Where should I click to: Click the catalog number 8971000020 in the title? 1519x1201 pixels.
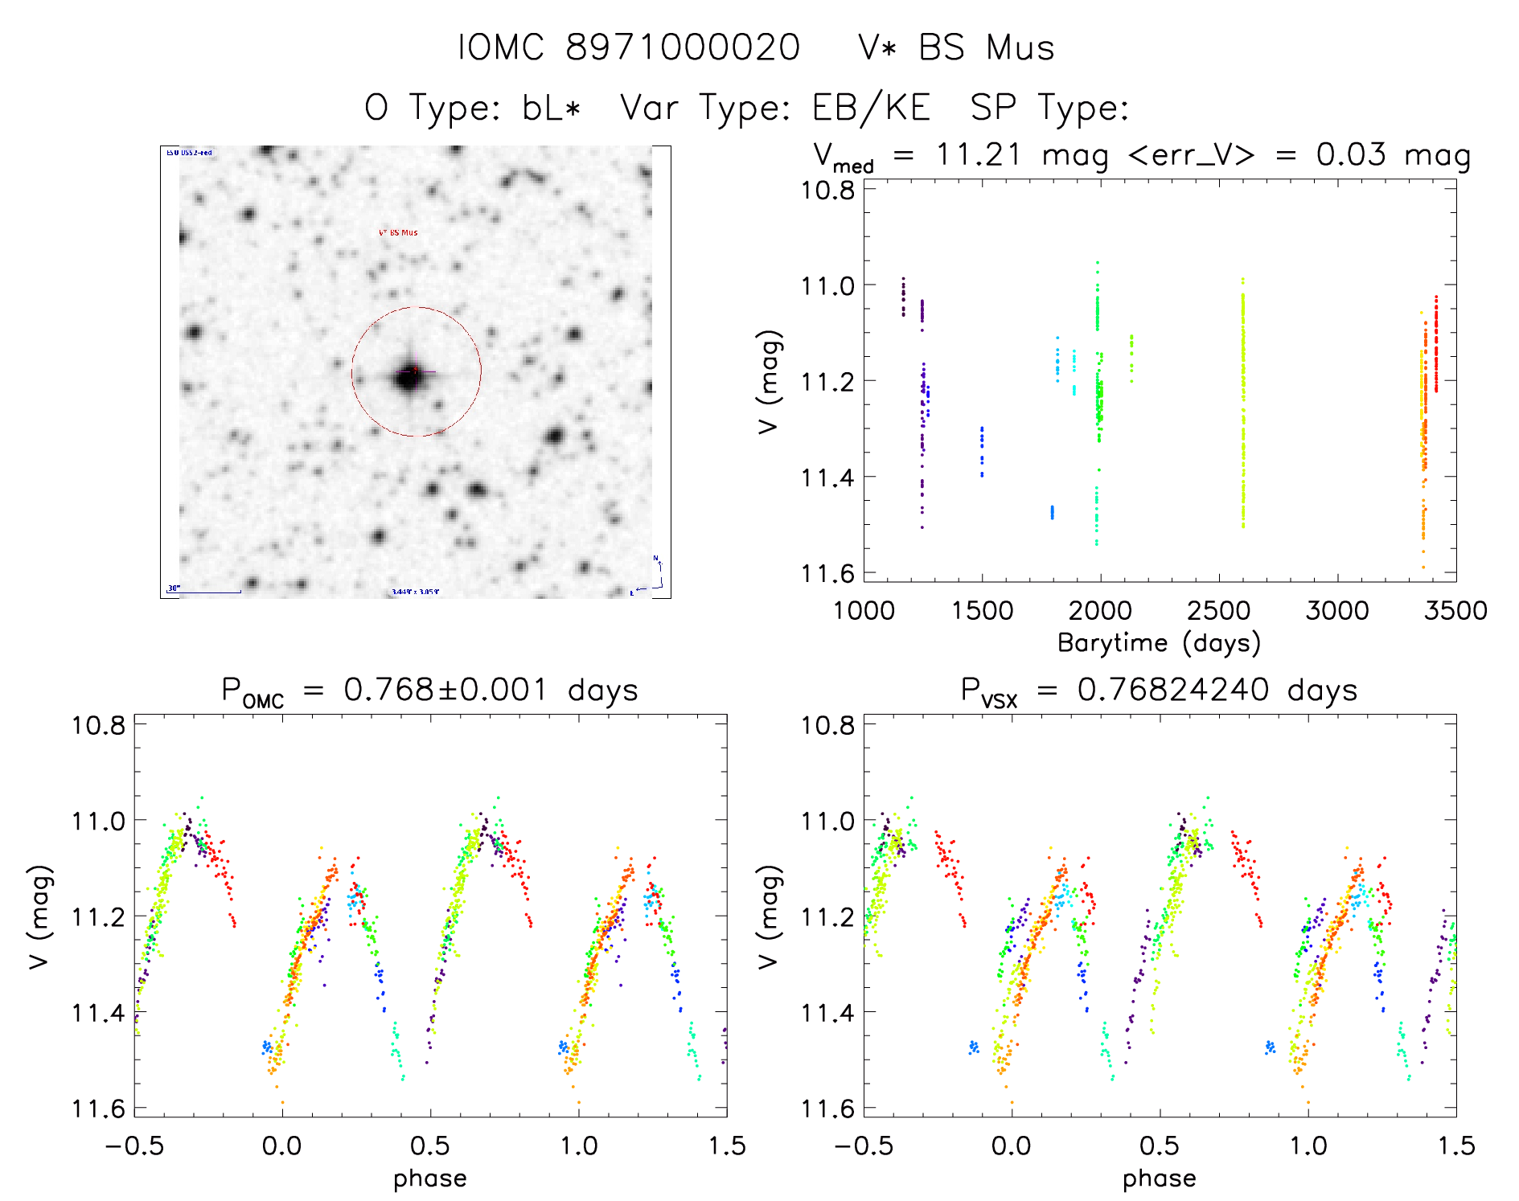click(x=683, y=47)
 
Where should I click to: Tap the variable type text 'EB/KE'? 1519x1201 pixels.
click(x=871, y=107)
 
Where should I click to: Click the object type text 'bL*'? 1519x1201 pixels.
click(x=551, y=107)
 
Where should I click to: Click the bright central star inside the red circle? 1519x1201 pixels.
click(x=409, y=375)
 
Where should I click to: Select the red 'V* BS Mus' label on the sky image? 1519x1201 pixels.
click(x=398, y=232)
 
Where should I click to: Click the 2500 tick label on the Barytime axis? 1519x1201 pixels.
click(x=1218, y=610)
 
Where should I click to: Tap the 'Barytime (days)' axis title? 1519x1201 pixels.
click(x=1159, y=642)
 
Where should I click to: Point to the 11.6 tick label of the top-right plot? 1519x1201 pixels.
click(x=827, y=573)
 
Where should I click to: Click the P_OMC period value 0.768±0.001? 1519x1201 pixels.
click(x=445, y=690)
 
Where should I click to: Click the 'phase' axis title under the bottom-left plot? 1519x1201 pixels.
click(x=429, y=1178)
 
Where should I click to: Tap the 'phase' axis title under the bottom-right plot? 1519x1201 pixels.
click(x=1159, y=1178)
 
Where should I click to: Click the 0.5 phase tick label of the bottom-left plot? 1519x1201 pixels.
click(x=429, y=1145)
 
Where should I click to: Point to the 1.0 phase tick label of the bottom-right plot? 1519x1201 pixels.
click(x=1308, y=1145)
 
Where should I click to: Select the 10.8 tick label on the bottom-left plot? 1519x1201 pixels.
click(x=98, y=725)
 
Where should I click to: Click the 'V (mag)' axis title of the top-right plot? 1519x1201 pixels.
click(x=769, y=381)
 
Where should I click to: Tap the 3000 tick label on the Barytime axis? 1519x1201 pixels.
click(x=1336, y=610)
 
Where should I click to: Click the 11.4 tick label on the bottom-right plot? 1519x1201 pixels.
click(x=827, y=1012)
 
